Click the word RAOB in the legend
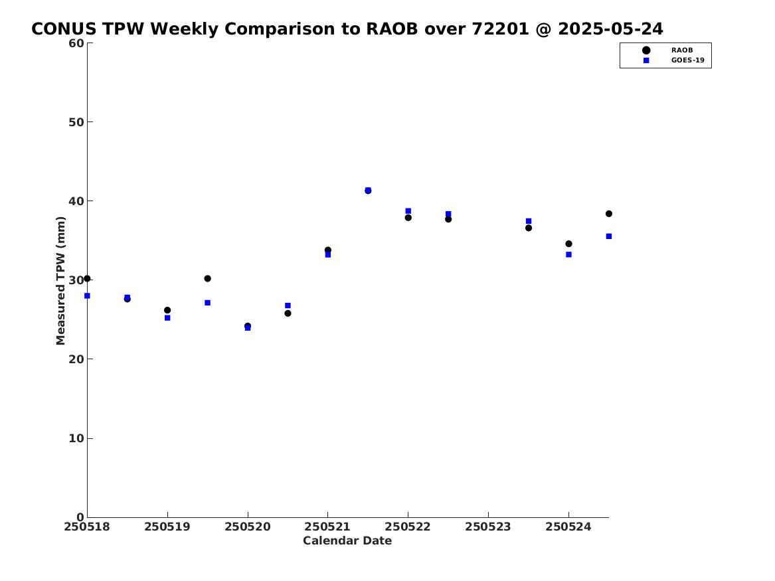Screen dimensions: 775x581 pyautogui.click(x=681, y=50)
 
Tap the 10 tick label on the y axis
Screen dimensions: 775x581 pyautogui.click(x=76, y=438)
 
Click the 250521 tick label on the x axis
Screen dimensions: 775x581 pyautogui.click(x=327, y=527)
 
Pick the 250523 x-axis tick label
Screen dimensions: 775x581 pyautogui.click(x=488, y=527)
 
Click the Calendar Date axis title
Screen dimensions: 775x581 pyautogui.click(x=347, y=540)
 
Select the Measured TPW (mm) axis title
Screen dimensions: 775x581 pyautogui.click(x=60, y=281)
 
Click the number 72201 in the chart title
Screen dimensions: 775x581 pyautogui.click(x=500, y=29)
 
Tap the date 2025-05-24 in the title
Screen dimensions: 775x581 pyautogui.click(x=611, y=29)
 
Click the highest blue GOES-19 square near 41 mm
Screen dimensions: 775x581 pyautogui.click(x=368, y=190)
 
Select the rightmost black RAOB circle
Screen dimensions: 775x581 pyautogui.click(x=609, y=214)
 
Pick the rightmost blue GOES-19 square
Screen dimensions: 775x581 pyautogui.click(x=609, y=236)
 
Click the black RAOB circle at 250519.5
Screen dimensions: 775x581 pyautogui.click(x=208, y=279)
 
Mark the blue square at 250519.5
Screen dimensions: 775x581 pyautogui.click(x=208, y=303)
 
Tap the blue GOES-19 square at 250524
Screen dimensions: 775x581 pyautogui.click(x=569, y=254)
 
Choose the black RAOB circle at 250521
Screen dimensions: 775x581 pyautogui.click(x=327, y=250)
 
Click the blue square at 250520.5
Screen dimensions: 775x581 pyautogui.click(x=288, y=306)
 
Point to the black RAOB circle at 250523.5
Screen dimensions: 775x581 pyautogui.click(x=529, y=228)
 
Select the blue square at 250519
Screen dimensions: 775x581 pyautogui.click(x=167, y=317)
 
